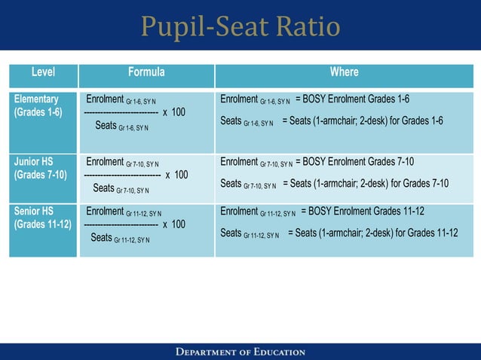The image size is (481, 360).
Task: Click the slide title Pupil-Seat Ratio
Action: click(x=240, y=28)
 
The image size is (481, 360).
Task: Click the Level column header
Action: click(x=43, y=73)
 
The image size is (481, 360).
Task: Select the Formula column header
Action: click(x=146, y=73)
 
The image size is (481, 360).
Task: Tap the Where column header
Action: click(x=344, y=73)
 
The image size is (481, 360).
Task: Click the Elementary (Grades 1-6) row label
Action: click(x=38, y=105)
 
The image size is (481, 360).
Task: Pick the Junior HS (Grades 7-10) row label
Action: click(x=40, y=168)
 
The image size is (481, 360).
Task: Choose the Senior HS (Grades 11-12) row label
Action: click(x=42, y=218)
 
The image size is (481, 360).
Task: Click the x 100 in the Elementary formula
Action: click(x=174, y=112)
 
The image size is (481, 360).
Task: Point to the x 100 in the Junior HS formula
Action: click(x=176, y=175)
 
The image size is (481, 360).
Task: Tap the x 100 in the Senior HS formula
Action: click(x=174, y=224)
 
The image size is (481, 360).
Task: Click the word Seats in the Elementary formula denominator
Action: click(x=106, y=125)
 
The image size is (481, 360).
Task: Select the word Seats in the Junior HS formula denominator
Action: click(x=104, y=188)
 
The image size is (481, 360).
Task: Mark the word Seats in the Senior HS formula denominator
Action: click(x=101, y=237)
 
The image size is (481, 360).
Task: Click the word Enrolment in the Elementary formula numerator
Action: click(x=105, y=99)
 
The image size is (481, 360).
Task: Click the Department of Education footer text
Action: click(x=240, y=352)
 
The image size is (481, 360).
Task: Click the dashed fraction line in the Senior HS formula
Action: click(x=120, y=224)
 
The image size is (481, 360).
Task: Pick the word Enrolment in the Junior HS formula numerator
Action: click(x=105, y=161)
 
